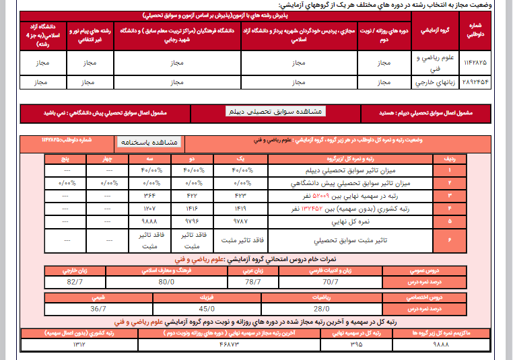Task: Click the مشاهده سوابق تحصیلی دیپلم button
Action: [275, 111]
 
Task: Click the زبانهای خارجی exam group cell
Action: [430, 83]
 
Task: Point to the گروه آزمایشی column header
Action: [430, 31]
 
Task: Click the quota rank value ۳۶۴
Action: [150, 195]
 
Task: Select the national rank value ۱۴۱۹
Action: [240, 207]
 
